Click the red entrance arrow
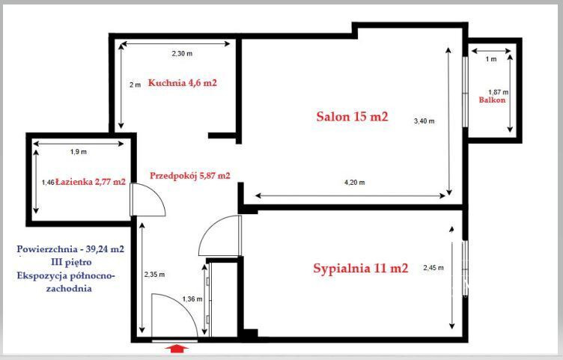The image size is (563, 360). [176, 348]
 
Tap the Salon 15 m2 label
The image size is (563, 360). [352, 117]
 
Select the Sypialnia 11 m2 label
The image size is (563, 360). [361, 269]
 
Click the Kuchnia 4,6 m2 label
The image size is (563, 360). [183, 83]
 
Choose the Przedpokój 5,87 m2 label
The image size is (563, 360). [190, 176]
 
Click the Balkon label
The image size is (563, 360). [492, 100]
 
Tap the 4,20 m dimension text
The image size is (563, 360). [354, 183]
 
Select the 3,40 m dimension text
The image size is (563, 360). [424, 121]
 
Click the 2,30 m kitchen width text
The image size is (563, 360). [182, 54]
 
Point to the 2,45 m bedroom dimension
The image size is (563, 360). [433, 268]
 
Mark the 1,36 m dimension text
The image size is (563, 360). [192, 299]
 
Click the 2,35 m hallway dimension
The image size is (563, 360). [154, 275]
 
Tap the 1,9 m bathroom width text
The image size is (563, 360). [79, 152]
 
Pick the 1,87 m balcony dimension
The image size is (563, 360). [499, 92]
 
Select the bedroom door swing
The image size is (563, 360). [207, 228]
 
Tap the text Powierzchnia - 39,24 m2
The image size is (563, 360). [70, 249]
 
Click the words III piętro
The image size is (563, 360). [71, 263]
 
